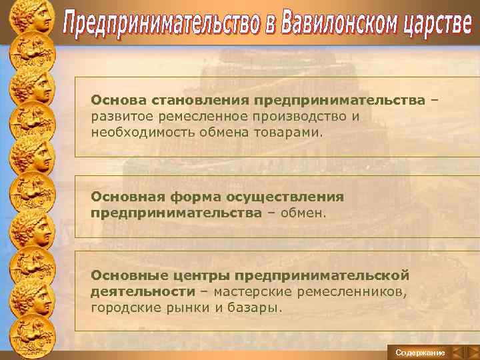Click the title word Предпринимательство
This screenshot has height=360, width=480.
click(x=158, y=27)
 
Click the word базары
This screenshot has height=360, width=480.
click(x=258, y=307)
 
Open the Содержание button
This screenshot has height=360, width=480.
click(x=420, y=352)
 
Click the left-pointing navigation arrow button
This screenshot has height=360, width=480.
click(x=457, y=352)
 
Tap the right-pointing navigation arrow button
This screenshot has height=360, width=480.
click(x=472, y=352)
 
